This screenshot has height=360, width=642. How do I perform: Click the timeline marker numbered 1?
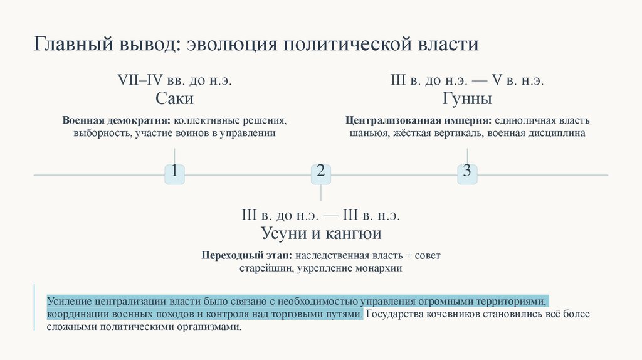tap(174, 172)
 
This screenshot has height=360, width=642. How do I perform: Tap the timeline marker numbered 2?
tap(320, 172)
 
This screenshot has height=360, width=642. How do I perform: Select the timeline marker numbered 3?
tap(467, 172)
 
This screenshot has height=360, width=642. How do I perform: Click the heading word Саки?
tap(174, 100)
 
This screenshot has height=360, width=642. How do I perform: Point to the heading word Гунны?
tap(467, 100)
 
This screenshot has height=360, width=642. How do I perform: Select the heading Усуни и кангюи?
tap(320, 234)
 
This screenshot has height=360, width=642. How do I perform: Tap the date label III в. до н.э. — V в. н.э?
tap(467, 80)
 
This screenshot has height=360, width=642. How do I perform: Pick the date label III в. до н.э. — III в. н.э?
tap(320, 215)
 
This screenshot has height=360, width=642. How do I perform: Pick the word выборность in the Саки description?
tap(100, 133)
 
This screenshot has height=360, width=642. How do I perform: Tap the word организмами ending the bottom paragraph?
tap(208, 327)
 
